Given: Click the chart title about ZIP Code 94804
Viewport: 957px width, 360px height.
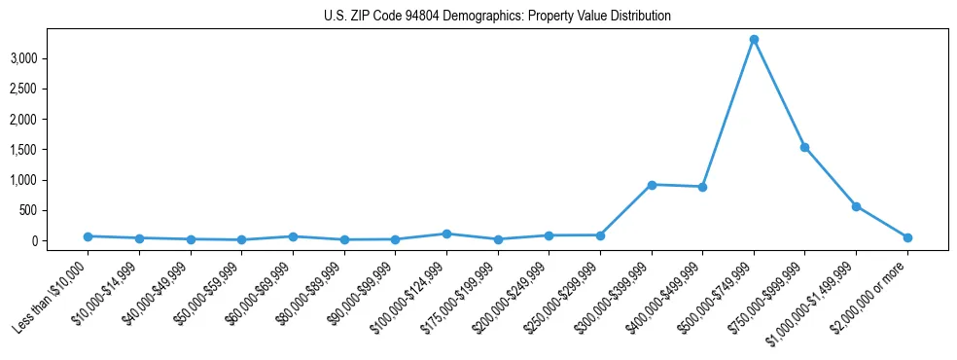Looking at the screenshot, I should coord(497,17).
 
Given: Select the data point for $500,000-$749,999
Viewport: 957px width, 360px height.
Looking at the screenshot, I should coord(754,40).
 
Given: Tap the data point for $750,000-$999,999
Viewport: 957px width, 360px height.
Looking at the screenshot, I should coord(804,147).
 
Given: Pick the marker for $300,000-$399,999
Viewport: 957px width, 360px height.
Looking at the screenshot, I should coord(652,185).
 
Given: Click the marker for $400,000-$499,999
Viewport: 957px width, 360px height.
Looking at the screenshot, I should coord(702,187).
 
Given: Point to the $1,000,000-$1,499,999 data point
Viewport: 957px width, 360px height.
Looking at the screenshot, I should coord(856,206).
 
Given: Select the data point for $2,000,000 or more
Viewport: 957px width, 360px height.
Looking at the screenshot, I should coord(907,237).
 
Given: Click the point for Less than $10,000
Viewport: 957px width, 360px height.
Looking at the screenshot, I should coord(88,236).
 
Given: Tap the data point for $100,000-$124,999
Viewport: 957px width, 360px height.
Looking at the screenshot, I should coord(446,234).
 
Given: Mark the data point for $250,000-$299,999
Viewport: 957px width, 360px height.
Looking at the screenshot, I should coord(600,235).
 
